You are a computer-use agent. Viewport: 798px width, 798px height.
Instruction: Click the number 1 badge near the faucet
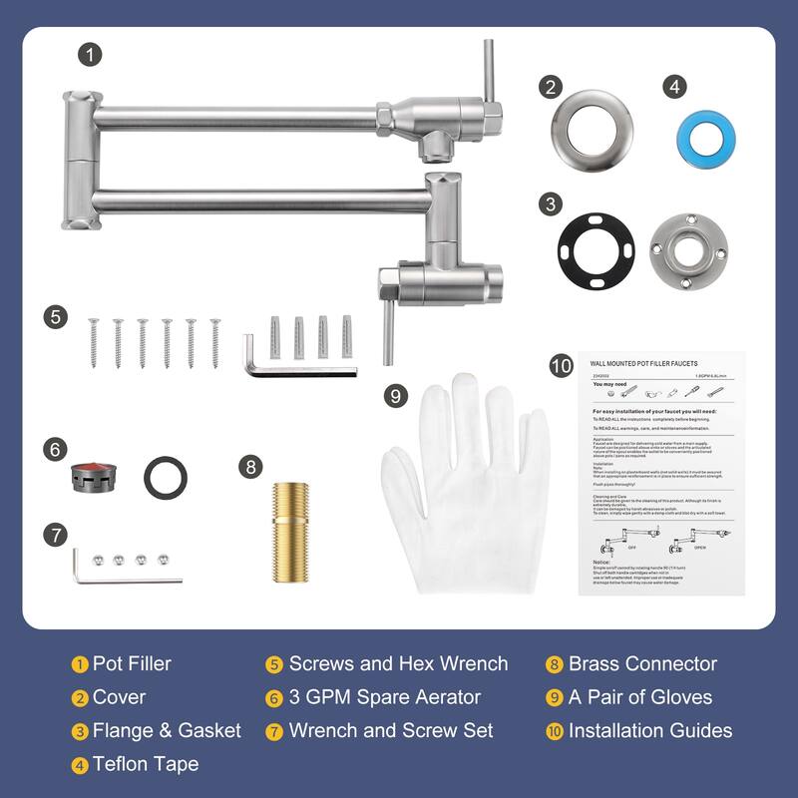tap(92, 55)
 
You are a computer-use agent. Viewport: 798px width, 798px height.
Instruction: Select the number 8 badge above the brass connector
tap(251, 466)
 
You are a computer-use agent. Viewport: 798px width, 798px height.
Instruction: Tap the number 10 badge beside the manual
tap(561, 366)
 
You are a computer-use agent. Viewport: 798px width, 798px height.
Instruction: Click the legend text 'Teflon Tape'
tap(146, 764)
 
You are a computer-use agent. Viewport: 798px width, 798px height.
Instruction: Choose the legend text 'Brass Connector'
tap(642, 664)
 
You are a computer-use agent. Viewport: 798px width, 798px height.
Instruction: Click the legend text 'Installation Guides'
tap(650, 731)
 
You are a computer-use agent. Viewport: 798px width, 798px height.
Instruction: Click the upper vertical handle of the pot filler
tap(489, 72)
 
